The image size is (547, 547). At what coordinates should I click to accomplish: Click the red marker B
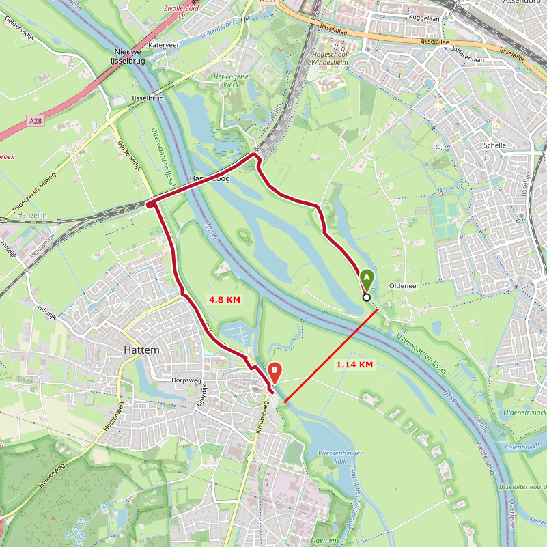(275, 372)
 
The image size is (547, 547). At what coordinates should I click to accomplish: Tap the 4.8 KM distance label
(225, 300)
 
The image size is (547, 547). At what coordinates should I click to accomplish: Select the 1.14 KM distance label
(354, 365)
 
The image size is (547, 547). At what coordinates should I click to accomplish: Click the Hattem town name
(141, 350)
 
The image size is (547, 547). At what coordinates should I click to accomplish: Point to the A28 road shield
(36, 120)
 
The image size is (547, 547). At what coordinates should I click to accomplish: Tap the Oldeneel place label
(402, 285)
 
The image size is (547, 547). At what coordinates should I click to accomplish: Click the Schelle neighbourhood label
(494, 145)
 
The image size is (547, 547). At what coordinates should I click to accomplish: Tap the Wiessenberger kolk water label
(340, 457)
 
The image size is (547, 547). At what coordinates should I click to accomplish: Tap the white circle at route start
(367, 297)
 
